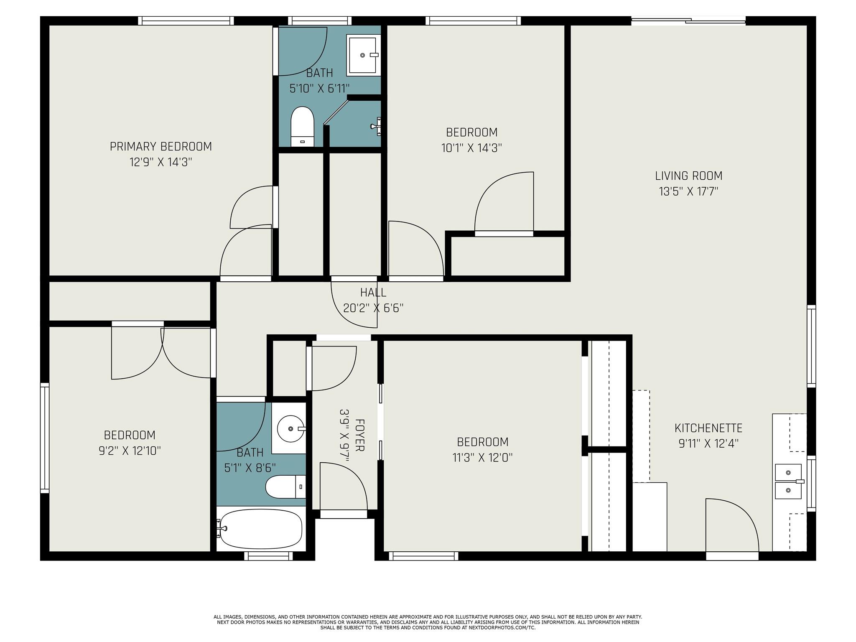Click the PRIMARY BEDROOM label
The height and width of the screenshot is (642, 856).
pyautogui.click(x=161, y=147)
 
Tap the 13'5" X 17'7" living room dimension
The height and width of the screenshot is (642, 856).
pyautogui.click(x=688, y=191)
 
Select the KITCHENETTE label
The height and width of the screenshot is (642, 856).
pyautogui.click(x=708, y=428)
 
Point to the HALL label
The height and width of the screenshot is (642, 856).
pyautogui.click(x=373, y=292)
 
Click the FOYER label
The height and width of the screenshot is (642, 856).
pyautogui.click(x=359, y=435)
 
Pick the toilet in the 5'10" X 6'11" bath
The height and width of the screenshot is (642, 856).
pyautogui.click(x=302, y=127)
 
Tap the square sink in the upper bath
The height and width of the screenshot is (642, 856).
pyautogui.click(x=363, y=55)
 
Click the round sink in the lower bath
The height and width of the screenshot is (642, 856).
pyautogui.click(x=291, y=429)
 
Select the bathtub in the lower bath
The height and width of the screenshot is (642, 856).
pyautogui.click(x=261, y=529)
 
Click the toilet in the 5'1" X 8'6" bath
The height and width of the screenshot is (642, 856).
pyautogui.click(x=286, y=487)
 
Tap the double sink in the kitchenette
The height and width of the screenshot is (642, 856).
pyautogui.click(x=788, y=481)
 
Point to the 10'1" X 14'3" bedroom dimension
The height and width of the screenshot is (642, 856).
pyautogui.click(x=471, y=148)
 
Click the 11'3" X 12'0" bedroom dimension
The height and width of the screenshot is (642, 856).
pyautogui.click(x=483, y=458)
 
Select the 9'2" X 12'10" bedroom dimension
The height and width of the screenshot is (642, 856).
pyautogui.click(x=130, y=451)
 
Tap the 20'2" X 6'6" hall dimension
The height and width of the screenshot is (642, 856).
pyautogui.click(x=373, y=308)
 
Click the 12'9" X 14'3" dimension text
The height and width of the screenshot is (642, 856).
pyautogui.click(x=161, y=162)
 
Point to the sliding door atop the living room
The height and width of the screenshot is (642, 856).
pyautogui.click(x=688, y=20)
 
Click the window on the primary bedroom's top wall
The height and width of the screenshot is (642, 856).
pyautogui.click(x=186, y=20)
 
